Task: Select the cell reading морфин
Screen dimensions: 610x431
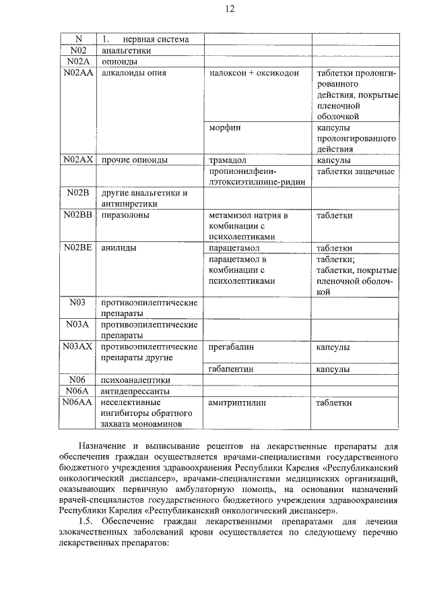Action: tap(225, 127)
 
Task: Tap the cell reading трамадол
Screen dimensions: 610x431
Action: tap(228, 160)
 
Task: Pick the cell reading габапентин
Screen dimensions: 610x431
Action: tap(232, 369)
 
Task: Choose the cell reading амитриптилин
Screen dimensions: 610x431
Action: tap(237, 402)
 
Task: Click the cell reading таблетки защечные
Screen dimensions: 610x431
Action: tap(356, 171)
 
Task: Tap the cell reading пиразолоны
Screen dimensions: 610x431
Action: tap(125, 215)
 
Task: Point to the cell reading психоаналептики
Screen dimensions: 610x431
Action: tap(135, 380)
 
